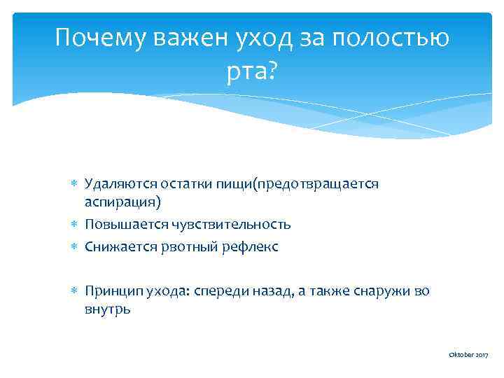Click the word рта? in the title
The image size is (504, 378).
click(252, 71)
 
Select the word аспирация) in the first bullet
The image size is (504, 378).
click(122, 202)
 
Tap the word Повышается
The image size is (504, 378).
click(119, 225)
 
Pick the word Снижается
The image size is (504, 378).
click(114, 247)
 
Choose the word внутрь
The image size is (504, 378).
click(107, 309)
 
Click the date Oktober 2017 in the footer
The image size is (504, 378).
click(468, 356)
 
